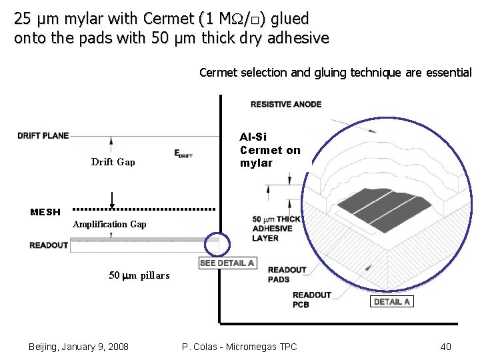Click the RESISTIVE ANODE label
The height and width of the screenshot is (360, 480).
coord(286,104)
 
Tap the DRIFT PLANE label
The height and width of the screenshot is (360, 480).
coord(43,135)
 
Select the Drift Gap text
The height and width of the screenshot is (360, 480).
coord(113,162)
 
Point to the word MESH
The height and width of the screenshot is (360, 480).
coord(45,212)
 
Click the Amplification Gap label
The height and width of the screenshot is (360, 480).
coord(109,224)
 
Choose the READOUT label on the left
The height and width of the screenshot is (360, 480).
coord(49,245)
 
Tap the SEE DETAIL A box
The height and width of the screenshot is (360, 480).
coord(227,263)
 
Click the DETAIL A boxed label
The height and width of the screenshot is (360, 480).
coord(392,301)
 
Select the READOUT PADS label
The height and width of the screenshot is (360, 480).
coord(287,275)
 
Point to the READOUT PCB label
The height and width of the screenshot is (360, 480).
coord(311,300)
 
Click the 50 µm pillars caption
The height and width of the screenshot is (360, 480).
coord(139,275)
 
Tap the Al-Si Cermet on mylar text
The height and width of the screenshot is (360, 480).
coord(270,150)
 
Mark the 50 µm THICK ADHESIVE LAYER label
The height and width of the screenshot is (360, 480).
coord(276,229)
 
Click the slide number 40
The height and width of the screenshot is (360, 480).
coord(446,347)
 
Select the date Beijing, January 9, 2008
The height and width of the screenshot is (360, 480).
coord(79,347)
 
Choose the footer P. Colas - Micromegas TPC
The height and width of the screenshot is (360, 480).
coord(239,347)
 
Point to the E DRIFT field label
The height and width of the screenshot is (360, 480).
coord(183,154)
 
